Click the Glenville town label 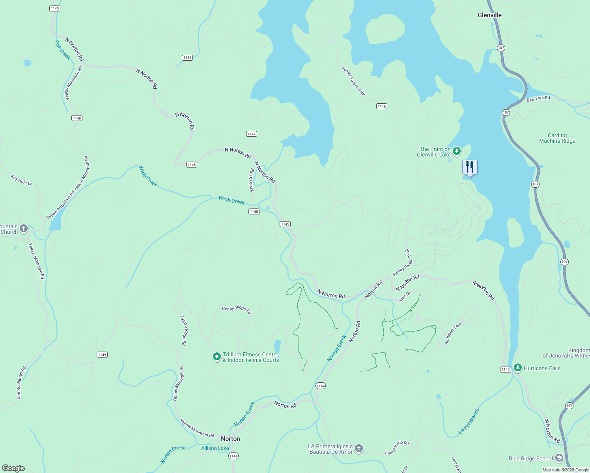pyautogui.click(x=489, y=15)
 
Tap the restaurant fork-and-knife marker pyautogui.click(x=469, y=167)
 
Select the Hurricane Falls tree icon pyautogui.click(x=517, y=368)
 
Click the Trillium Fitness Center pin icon pyautogui.click(x=217, y=357)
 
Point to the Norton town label pyautogui.click(x=230, y=439)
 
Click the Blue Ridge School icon pyautogui.click(x=559, y=458)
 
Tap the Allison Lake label pyautogui.click(x=215, y=448)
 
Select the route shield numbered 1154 pyautogui.click(x=187, y=58)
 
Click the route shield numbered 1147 pyautogui.click(x=252, y=134)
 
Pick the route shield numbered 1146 pyautogui.click(x=381, y=106)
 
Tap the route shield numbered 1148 pyautogui.click(x=254, y=212)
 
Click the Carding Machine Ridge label pyautogui.click(x=557, y=138)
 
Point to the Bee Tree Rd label pyautogui.click(x=538, y=99)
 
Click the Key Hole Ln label pyautogui.click(x=22, y=181)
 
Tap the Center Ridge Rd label pyautogui.click(x=236, y=310)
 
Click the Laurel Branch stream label pyautogui.click(x=469, y=421)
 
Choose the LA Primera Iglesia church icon pyautogui.click(x=358, y=448)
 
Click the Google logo pyautogui.click(x=13, y=468)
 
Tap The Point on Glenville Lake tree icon pyautogui.click(x=456, y=151)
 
